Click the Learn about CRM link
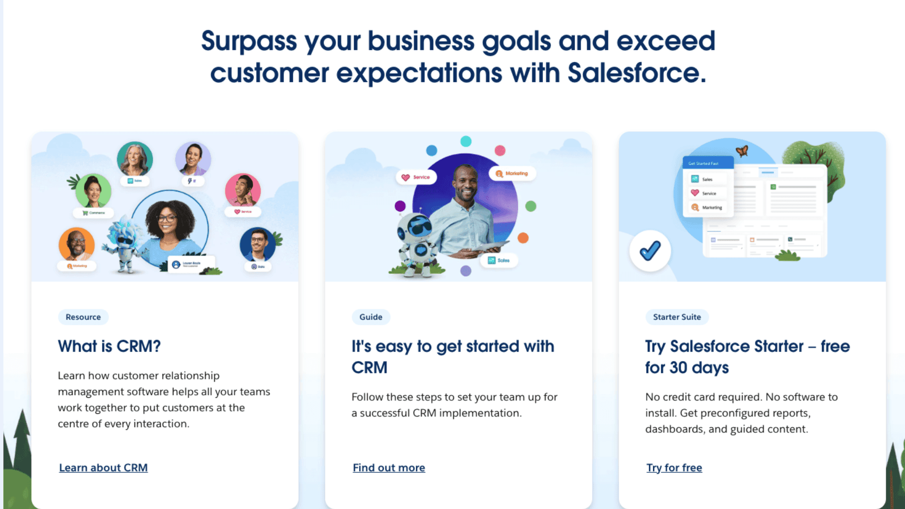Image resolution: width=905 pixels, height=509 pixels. tap(103, 468)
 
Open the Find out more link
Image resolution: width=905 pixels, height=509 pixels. tap(389, 468)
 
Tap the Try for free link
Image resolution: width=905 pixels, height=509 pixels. tap(674, 468)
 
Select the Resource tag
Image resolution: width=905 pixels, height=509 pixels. tap(83, 317)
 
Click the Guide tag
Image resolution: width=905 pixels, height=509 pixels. tap(370, 317)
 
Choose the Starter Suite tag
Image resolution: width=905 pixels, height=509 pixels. tap(677, 317)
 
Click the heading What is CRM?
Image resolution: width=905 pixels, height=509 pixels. tap(109, 346)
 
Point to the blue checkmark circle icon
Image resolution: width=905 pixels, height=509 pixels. tap(650, 251)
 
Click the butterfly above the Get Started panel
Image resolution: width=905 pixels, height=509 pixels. tap(742, 151)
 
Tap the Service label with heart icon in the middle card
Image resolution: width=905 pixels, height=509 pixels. tap(416, 177)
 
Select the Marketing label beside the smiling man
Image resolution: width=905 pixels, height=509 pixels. tap(512, 173)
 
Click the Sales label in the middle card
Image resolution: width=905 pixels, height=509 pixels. tap(499, 260)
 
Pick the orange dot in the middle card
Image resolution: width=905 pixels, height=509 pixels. tap(523, 238)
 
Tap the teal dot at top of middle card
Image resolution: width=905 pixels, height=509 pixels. tap(466, 141)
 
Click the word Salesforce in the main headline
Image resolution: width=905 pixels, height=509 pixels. tap(636, 73)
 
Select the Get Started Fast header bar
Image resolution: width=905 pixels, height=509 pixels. tap(708, 163)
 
